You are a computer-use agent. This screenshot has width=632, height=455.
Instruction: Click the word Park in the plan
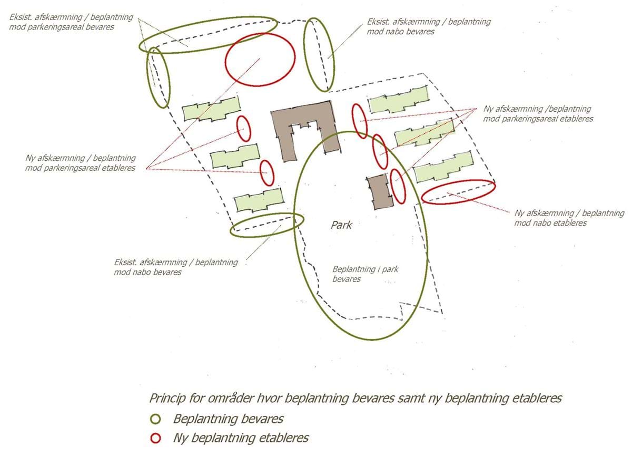tap(341, 225)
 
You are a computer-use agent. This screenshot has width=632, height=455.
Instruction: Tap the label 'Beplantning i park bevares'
tap(365, 274)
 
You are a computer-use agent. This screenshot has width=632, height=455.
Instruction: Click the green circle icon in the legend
tap(155, 420)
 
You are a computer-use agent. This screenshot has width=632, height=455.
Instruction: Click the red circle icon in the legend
tap(155, 438)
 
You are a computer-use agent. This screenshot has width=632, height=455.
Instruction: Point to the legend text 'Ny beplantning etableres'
tap(241, 438)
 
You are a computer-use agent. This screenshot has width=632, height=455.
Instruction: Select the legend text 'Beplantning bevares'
tap(228, 420)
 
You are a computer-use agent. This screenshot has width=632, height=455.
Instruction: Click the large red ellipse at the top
tap(260, 59)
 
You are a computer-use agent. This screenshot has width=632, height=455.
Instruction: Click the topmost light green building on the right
tap(398, 100)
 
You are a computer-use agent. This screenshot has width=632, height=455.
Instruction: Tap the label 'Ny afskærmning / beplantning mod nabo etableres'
tap(569, 218)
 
